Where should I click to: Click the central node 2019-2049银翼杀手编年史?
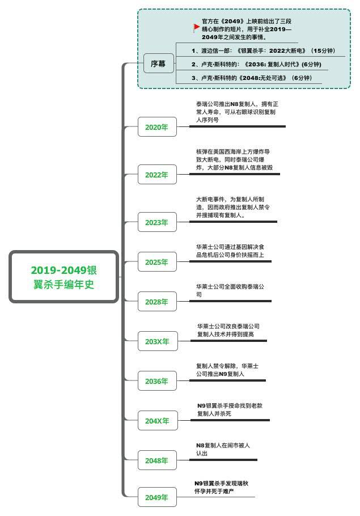click(63, 277)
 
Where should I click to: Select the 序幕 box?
click(158, 64)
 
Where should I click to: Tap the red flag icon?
click(197, 27)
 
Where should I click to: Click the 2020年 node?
click(157, 127)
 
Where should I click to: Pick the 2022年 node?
click(157, 175)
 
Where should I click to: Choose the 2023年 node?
click(157, 222)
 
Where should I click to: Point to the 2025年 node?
click(157, 262)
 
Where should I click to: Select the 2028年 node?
click(157, 302)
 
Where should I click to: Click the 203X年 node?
click(157, 341)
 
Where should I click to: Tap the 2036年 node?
click(157, 381)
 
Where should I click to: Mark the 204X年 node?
click(157, 421)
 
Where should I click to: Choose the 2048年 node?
click(157, 460)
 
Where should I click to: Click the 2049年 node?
click(157, 497)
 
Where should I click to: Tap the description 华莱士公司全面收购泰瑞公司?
click(230, 290)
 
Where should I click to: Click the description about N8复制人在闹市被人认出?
click(223, 449)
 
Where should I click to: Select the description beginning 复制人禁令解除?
click(227, 370)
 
